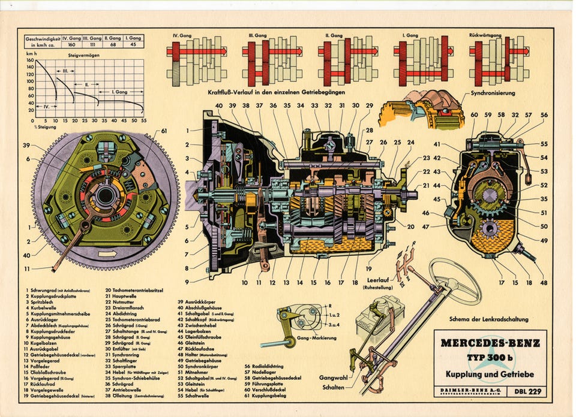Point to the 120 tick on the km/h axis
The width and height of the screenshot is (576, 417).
pyautogui.click(x=31, y=75)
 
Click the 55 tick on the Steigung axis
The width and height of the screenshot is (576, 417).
pyautogui.click(x=144, y=120)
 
